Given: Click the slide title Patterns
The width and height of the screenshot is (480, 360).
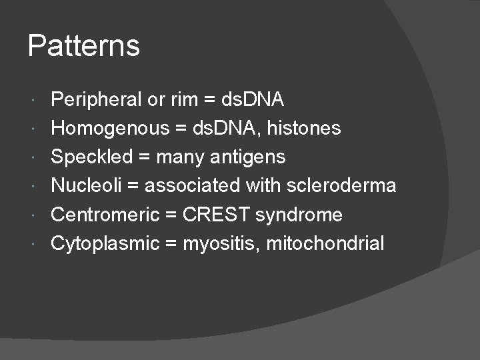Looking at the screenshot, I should (84, 46).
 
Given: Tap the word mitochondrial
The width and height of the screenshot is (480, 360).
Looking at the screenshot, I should (325, 243).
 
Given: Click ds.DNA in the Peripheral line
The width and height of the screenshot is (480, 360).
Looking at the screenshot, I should (253, 100).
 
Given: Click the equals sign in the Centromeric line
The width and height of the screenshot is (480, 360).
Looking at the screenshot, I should (171, 215).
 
